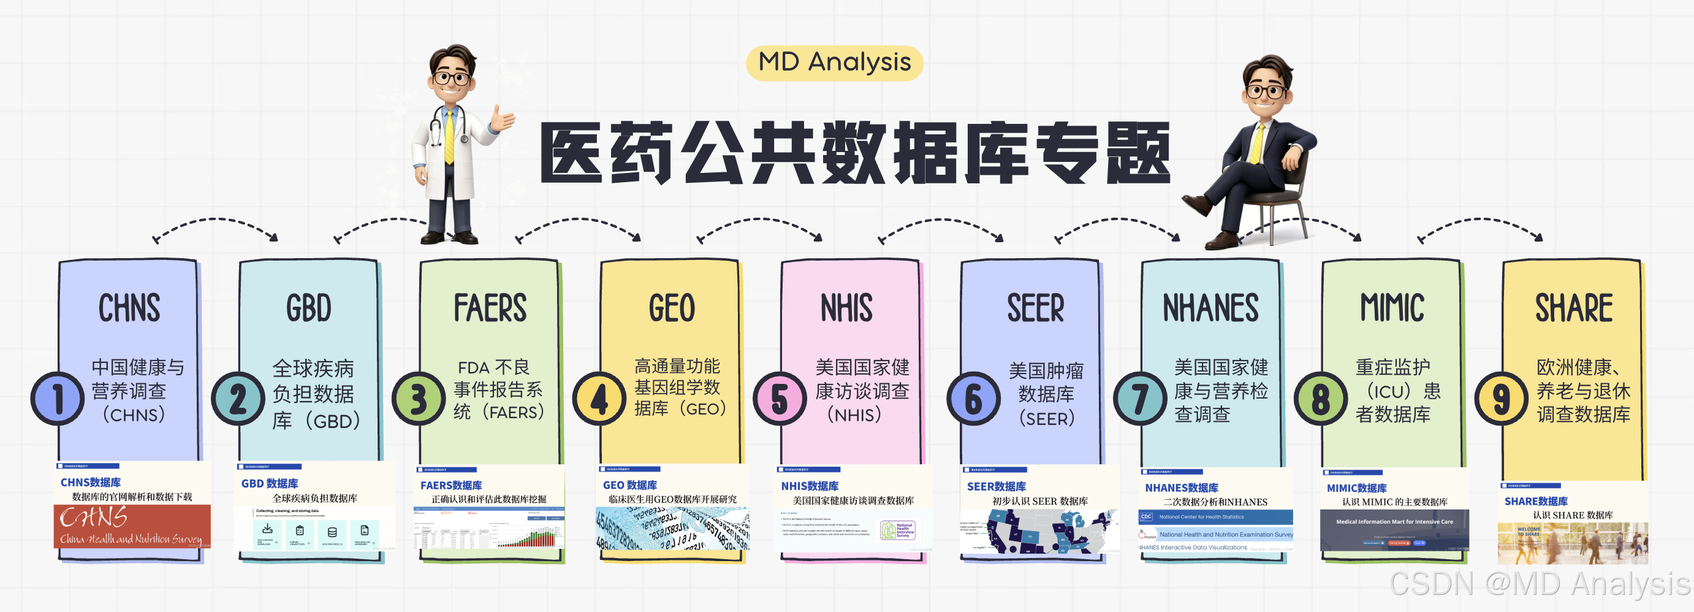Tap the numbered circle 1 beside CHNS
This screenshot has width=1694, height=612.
pyautogui.click(x=58, y=399)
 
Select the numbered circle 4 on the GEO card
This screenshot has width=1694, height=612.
pyautogui.click(x=599, y=399)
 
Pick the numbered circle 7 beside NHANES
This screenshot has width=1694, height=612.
pyautogui.click(x=1139, y=399)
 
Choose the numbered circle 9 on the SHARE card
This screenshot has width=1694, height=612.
pyautogui.click(x=1502, y=399)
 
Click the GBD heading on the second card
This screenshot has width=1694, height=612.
pyautogui.click(x=308, y=308)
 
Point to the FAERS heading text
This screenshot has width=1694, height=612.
pyautogui.click(x=490, y=308)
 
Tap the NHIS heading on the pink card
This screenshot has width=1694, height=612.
pyautogui.click(x=846, y=308)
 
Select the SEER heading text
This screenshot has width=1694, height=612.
pyautogui.click(x=1035, y=308)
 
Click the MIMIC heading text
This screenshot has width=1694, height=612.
pyautogui.click(x=1392, y=308)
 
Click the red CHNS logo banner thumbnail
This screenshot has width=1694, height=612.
pyautogui.click(x=132, y=526)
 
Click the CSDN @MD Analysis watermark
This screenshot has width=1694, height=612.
pyautogui.click(x=1539, y=583)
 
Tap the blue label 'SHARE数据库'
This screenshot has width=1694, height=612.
pyautogui.click(x=1535, y=501)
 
